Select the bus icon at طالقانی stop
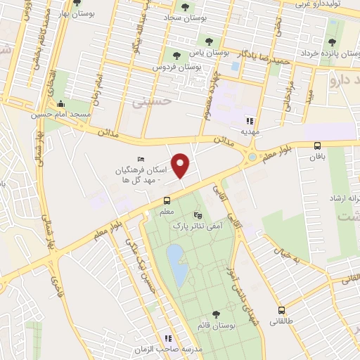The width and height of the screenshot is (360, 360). [x=282, y=310]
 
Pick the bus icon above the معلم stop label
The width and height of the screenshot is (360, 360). [x=167, y=200]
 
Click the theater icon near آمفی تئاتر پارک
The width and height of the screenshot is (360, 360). [x=198, y=214]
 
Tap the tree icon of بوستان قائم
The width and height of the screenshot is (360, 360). [x=216, y=316]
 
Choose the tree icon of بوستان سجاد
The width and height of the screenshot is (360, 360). [x=185, y=7]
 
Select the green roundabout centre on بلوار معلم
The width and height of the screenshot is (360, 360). [x=252, y=157]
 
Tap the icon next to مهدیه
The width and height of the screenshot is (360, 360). [x=252, y=120]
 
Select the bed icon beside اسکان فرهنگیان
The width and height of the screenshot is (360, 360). [x=141, y=160]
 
